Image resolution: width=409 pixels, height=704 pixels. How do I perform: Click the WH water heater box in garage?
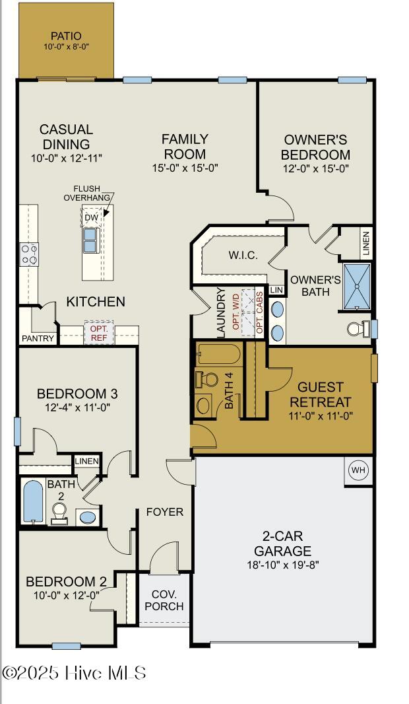358,470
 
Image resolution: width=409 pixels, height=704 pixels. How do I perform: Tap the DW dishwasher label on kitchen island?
91,217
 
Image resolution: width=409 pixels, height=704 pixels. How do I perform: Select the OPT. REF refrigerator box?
99,333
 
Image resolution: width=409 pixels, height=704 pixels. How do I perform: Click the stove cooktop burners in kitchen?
29,254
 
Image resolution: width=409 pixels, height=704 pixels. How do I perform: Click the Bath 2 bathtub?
32,502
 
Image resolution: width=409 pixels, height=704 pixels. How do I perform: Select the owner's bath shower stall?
356,287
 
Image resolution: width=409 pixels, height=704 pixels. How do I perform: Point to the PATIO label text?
66,36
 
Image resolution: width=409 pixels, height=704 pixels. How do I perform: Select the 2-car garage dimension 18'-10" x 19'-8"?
283,564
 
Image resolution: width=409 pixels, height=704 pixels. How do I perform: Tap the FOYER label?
165,512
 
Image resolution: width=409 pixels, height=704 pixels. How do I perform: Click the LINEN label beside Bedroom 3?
87,461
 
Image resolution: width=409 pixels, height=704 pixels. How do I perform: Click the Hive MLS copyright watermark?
74,673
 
